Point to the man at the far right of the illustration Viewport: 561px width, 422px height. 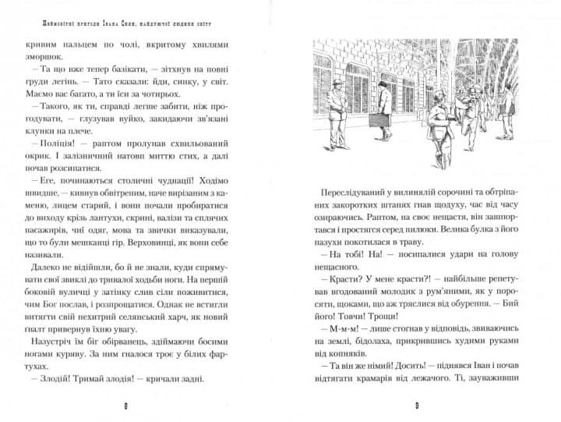tap(509, 109)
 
